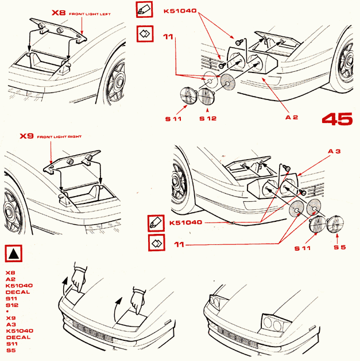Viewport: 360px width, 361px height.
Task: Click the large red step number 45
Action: coord(337,118)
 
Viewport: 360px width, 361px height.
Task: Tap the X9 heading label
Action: coord(27,136)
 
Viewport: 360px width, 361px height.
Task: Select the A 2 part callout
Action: coord(292,117)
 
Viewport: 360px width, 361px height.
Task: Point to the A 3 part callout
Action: coord(335,151)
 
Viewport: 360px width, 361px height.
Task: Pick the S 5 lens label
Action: coord(340,247)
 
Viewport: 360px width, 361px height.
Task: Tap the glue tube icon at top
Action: coord(144,10)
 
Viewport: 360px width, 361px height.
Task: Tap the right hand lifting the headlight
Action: coord(137,298)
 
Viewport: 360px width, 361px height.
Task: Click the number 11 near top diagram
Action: coord(168,37)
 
